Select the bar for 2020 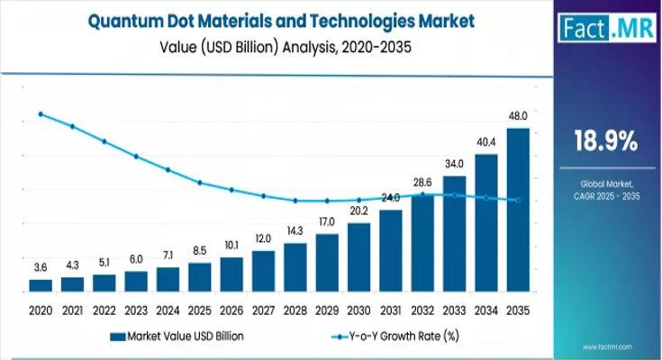[x=41, y=285]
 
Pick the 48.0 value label [x=518, y=117]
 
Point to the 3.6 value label [x=41, y=268]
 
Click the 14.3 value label [x=295, y=231]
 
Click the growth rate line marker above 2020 [x=41, y=114]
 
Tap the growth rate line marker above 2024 [x=168, y=169]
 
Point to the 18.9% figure [x=605, y=141]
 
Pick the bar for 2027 [x=263, y=271]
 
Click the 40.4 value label [x=486, y=142]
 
